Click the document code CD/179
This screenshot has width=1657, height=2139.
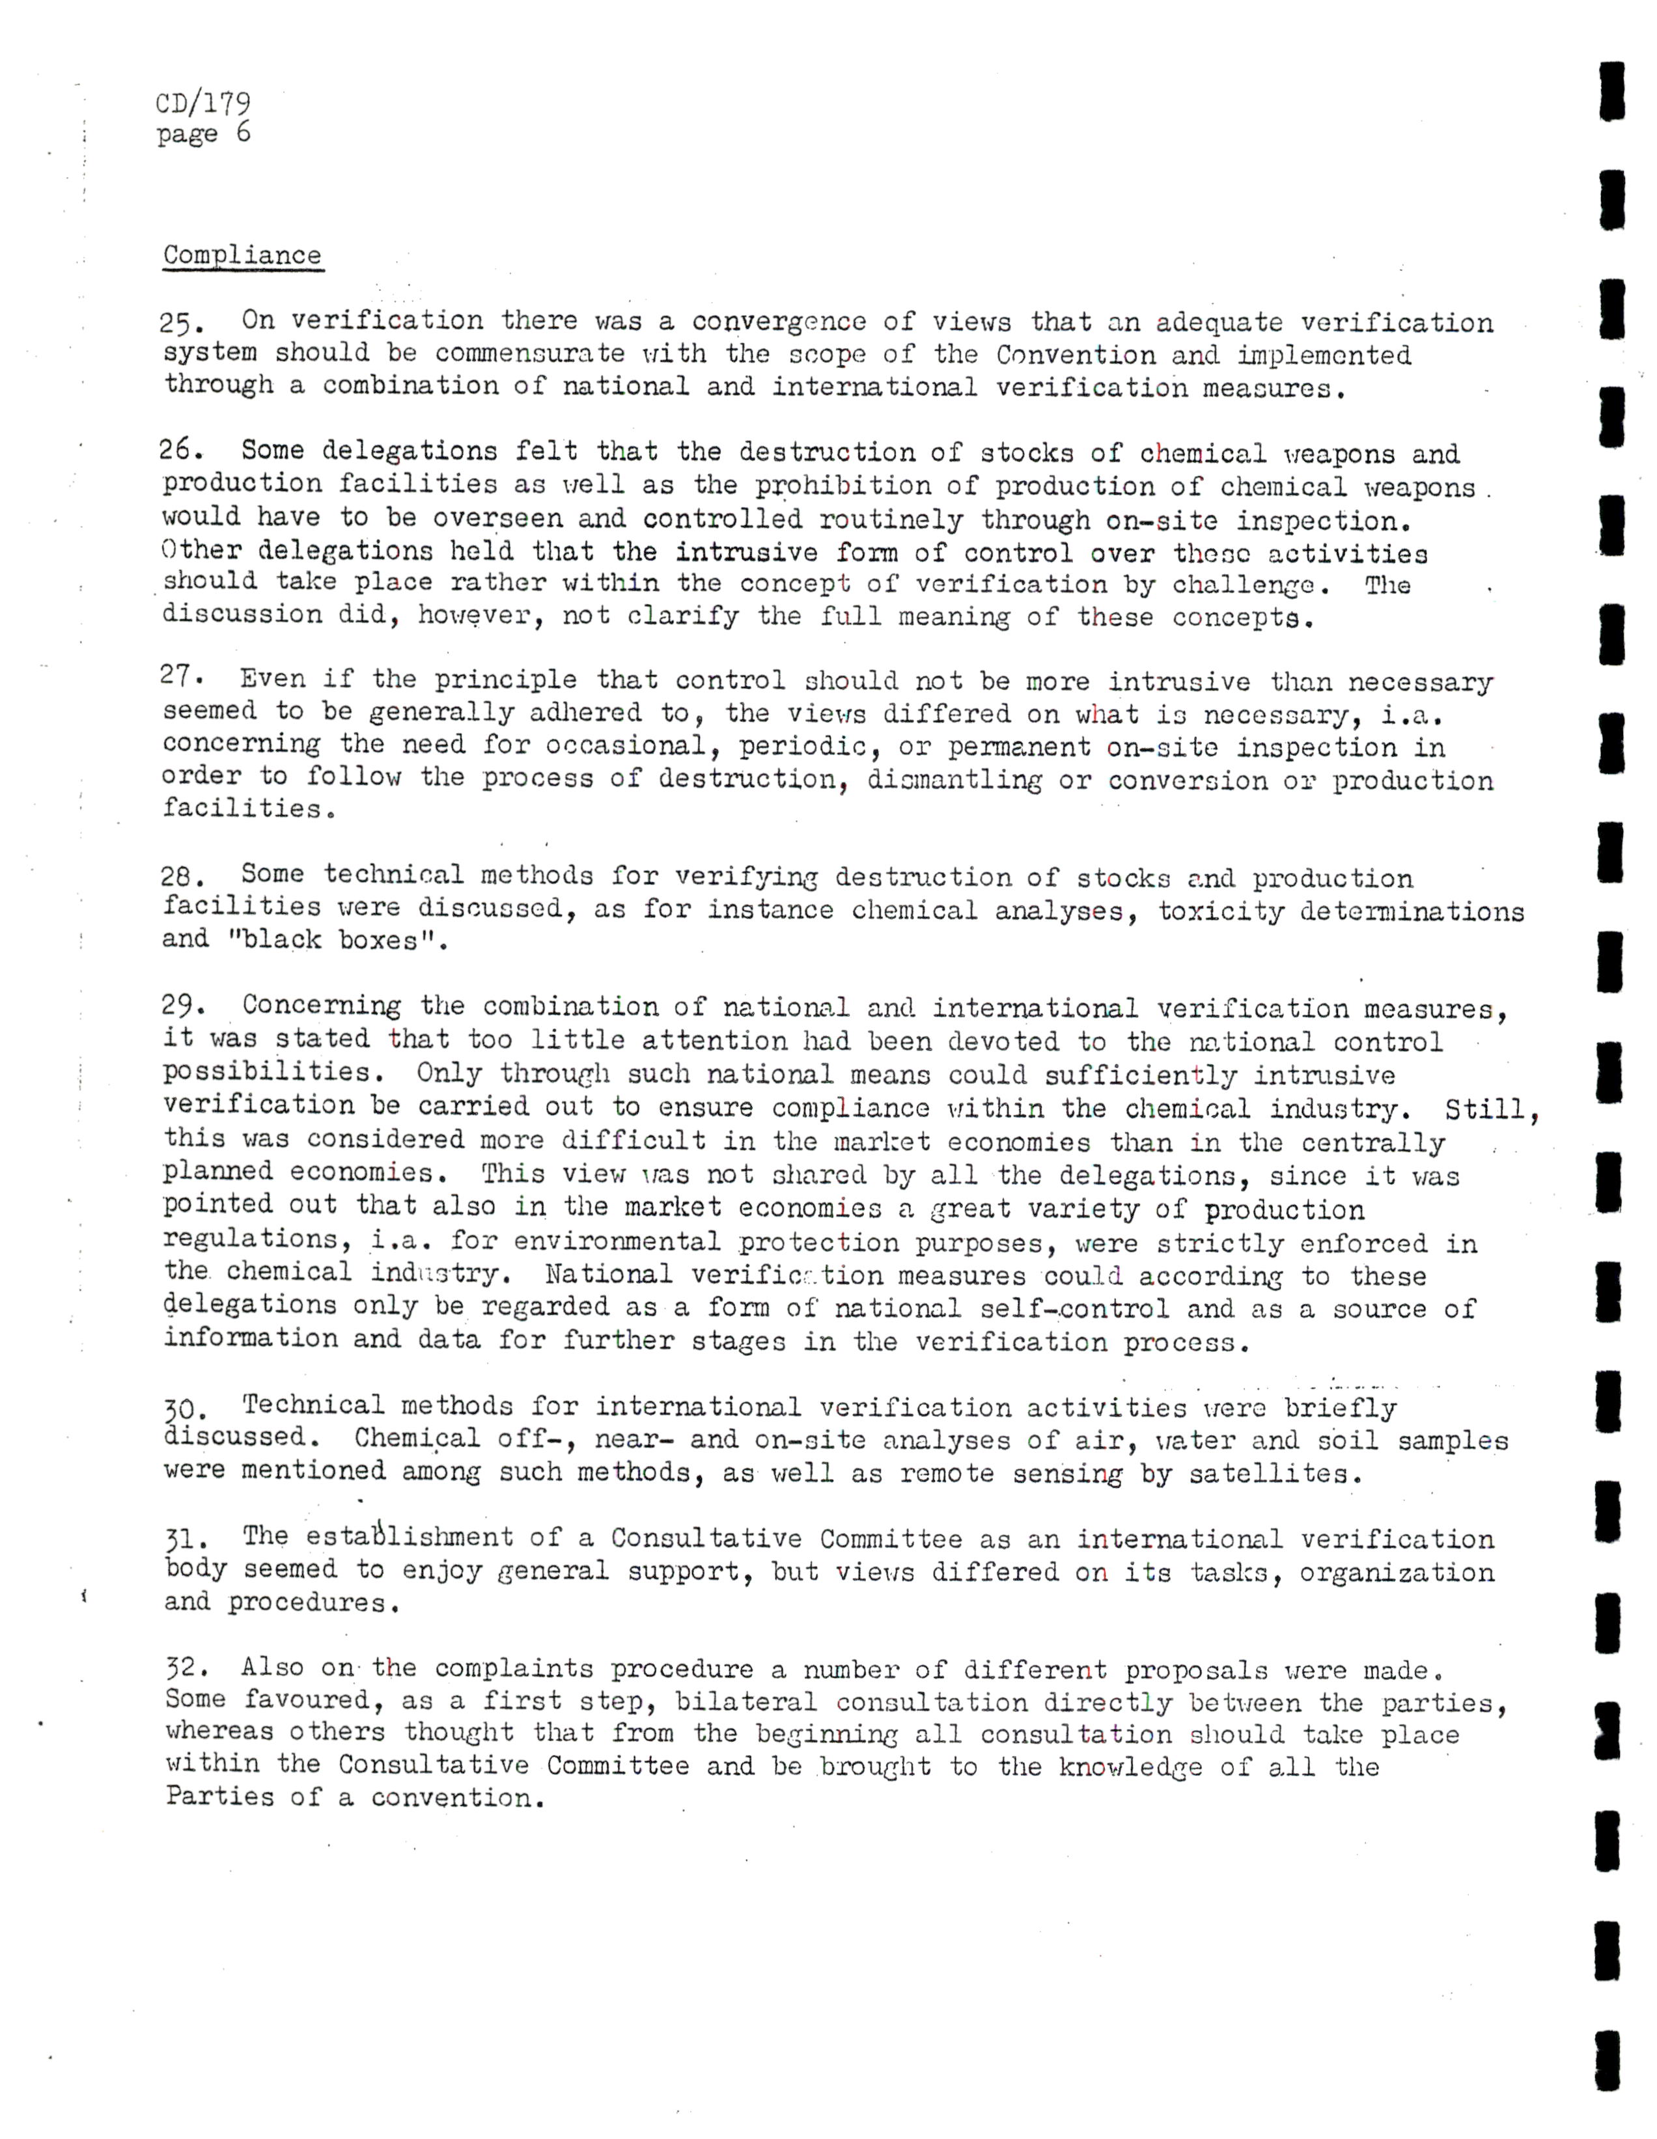coord(202,103)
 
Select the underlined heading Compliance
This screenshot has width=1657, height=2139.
coord(242,256)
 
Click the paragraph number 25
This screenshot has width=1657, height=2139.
coord(180,322)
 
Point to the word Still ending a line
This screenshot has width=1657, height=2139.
coord(1490,1111)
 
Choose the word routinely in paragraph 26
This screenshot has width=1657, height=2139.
coord(891,519)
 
